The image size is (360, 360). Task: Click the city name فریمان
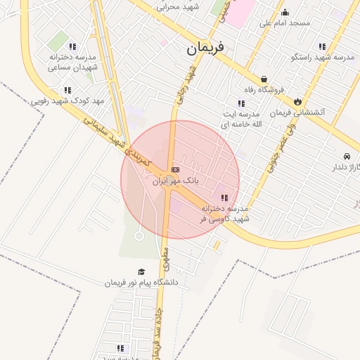point(205,49)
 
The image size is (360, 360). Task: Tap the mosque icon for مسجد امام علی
point(285,12)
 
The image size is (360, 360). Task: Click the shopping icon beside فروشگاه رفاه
point(264,79)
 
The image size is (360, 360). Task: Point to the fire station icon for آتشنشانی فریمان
point(297,101)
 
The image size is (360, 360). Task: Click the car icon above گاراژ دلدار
point(347,156)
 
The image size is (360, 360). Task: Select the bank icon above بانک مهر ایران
point(174,169)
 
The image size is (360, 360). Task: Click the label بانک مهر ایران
point(176,181)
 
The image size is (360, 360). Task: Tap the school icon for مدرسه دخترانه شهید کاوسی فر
point(224,198)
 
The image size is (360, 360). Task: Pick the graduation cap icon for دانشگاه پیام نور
point(141,271)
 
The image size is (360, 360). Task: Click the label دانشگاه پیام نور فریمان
point(142,283)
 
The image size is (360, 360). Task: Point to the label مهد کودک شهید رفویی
point(67,101)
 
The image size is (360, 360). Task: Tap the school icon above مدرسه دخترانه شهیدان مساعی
point(72,46)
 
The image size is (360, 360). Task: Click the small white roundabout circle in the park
point(139,236)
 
